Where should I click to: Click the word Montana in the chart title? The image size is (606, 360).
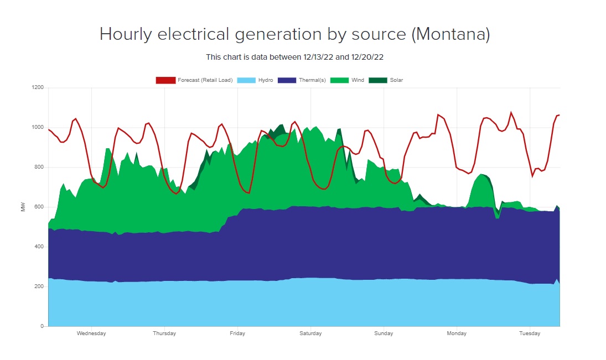click(x=451, y=34)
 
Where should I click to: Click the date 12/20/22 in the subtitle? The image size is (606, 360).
click(x=376, y=57)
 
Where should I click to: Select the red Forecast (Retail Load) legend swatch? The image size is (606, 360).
click(x=165, y=80)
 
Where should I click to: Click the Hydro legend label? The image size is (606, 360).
click(x=266, y=80)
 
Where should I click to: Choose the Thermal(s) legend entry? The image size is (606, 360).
click(x=312, y=80)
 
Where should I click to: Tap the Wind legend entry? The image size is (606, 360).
click(x=358, y=80)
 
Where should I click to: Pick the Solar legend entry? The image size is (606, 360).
click(x=396, y=80)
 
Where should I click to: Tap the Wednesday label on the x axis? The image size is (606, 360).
click(x=91, y=333)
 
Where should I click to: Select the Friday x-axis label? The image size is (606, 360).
click(x=237, y=333)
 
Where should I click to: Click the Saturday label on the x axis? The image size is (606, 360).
click(x=310, y=333)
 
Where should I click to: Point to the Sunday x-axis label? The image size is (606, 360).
click(x=384, y=333)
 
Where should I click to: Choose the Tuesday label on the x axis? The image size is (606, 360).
click(x=530, y=333)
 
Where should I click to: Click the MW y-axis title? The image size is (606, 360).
click(x=23, y=207)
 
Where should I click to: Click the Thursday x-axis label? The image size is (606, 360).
click(x=164, y=333)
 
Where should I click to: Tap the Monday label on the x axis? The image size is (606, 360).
click(x=457, y=333)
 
